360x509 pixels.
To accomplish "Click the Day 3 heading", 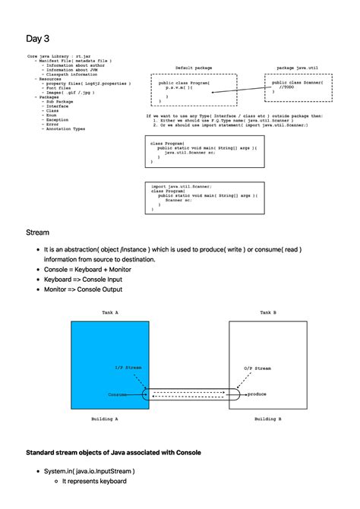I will [37, 39].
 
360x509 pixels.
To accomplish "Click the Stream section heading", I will [38, 232].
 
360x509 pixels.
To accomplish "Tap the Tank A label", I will [111, 312].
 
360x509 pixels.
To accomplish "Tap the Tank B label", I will [268, 312].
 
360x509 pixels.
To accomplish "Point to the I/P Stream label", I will [128, 368].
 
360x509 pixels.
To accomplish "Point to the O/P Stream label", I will [257, 368].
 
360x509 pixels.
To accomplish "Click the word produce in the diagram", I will [257, 394].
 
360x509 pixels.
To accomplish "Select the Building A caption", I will [105, 419].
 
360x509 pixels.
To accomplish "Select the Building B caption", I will [268, 419].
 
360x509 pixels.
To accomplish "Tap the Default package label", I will [194, 68].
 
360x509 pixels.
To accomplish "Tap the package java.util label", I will [295, 68].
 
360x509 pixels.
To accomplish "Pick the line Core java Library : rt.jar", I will [62, 55].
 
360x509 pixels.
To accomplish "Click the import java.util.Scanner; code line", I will [182, 186].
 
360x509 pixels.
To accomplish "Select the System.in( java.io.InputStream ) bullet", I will [89, 471].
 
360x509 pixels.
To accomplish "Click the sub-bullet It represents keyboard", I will [94, 482].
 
